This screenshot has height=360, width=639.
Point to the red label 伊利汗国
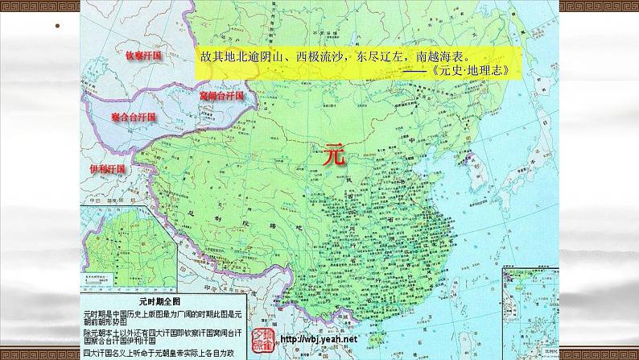pos(109,170)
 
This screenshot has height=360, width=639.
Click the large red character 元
pos(332,155)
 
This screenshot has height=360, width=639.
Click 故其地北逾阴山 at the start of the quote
pos(234,57)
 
